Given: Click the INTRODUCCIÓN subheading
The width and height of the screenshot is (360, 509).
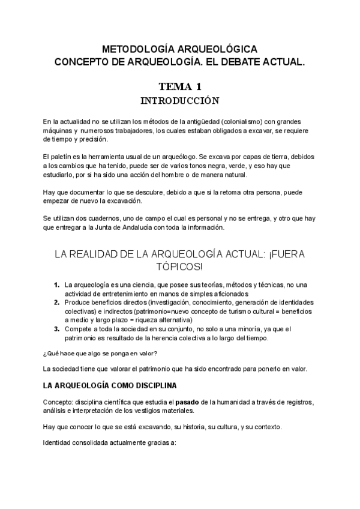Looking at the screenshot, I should [179, 100].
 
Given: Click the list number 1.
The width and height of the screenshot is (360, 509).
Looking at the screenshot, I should [56, 284].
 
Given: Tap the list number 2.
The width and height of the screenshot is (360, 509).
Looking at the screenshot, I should [56, 302].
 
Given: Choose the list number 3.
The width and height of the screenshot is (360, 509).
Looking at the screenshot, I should [56, 329].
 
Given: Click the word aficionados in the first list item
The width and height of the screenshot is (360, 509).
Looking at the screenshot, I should [223, 294].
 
